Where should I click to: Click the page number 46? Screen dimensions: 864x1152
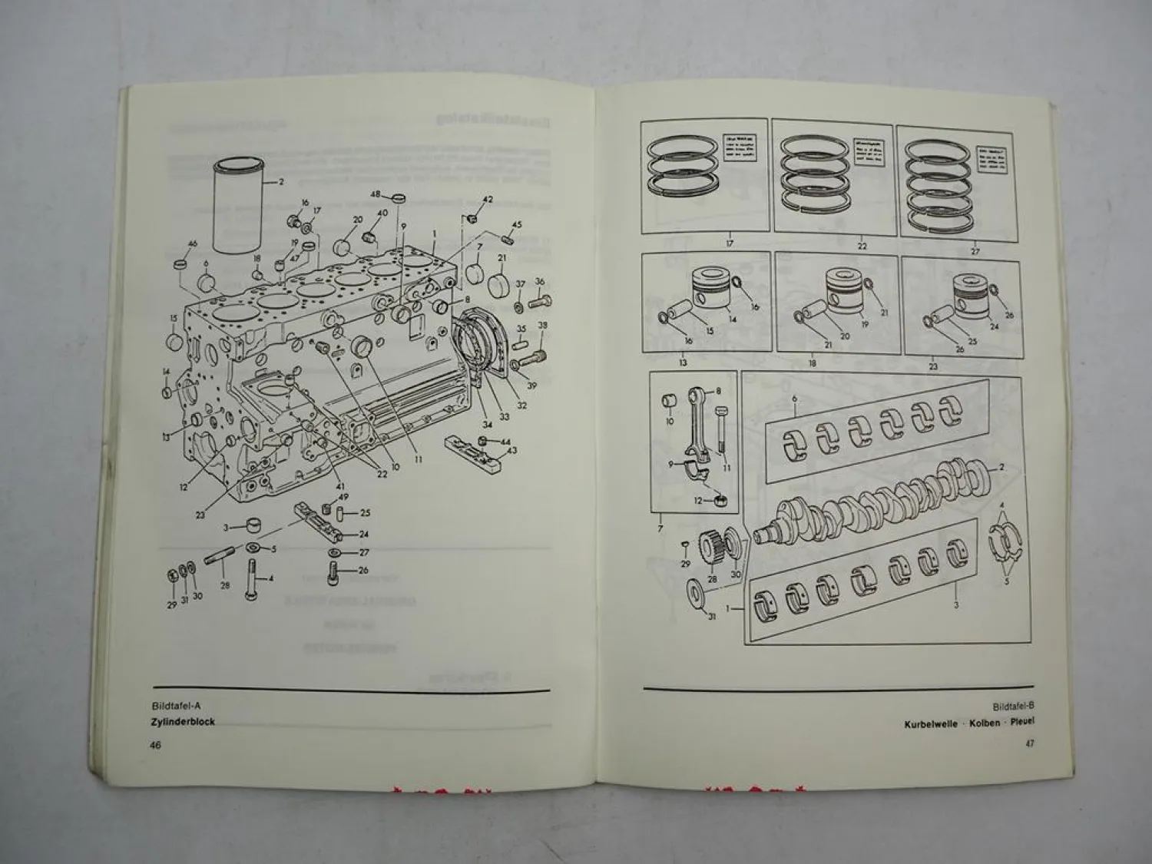(155, 746)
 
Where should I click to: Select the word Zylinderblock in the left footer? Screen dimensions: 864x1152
(184, 722)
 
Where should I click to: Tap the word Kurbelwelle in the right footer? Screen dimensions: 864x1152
(930, 723)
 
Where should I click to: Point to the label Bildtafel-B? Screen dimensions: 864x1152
(1013, 704)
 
